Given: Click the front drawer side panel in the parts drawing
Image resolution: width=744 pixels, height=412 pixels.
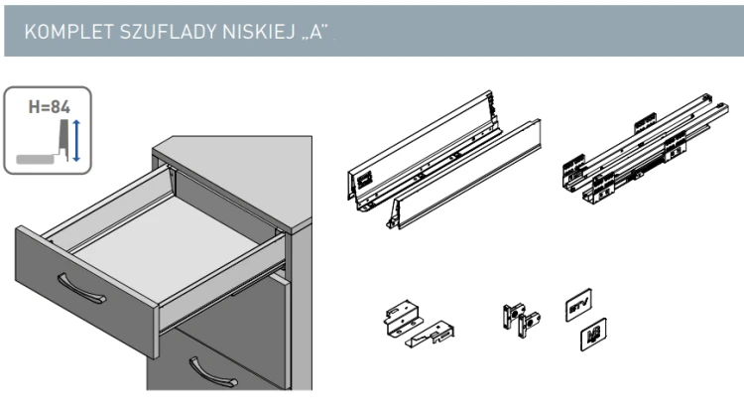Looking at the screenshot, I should pos(466,189).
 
